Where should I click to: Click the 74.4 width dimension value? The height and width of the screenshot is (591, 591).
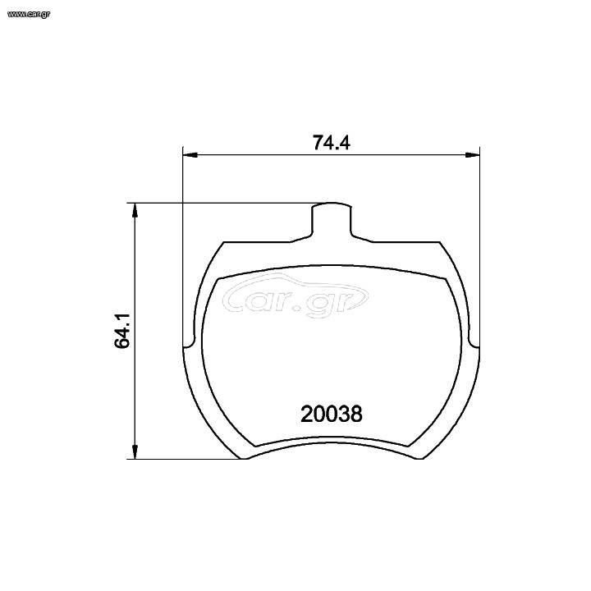[x=332, y=143]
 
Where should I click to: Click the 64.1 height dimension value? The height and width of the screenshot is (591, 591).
[x=122, y=331]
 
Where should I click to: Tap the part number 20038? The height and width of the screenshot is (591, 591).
[x=332, y=414]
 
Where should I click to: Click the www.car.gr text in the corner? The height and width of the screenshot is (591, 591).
[x=29, y=14]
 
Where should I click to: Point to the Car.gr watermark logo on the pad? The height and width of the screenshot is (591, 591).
[x=295, y=295]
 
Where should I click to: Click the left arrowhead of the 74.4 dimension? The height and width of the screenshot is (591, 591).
[x=190, y=155]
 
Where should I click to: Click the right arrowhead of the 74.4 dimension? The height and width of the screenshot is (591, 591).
[x=472, y=155]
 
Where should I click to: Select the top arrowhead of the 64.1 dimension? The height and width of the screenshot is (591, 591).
[x=135, y=210]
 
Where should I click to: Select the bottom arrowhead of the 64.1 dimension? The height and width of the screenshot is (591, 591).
[x=135, y=451]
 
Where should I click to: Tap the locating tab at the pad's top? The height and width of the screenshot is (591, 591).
[x=332, y=220]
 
